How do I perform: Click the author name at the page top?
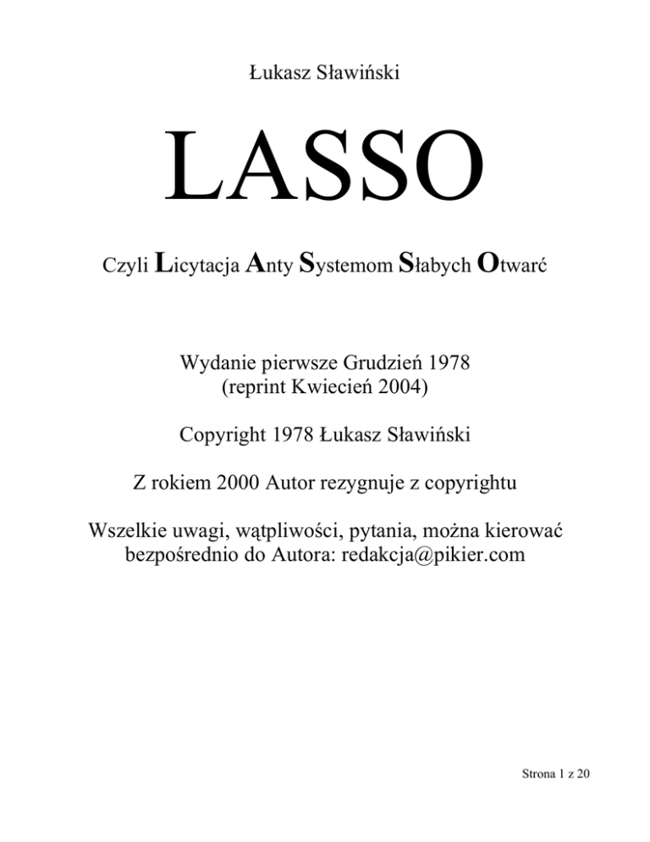pyautogui.click(x=324, y=75)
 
